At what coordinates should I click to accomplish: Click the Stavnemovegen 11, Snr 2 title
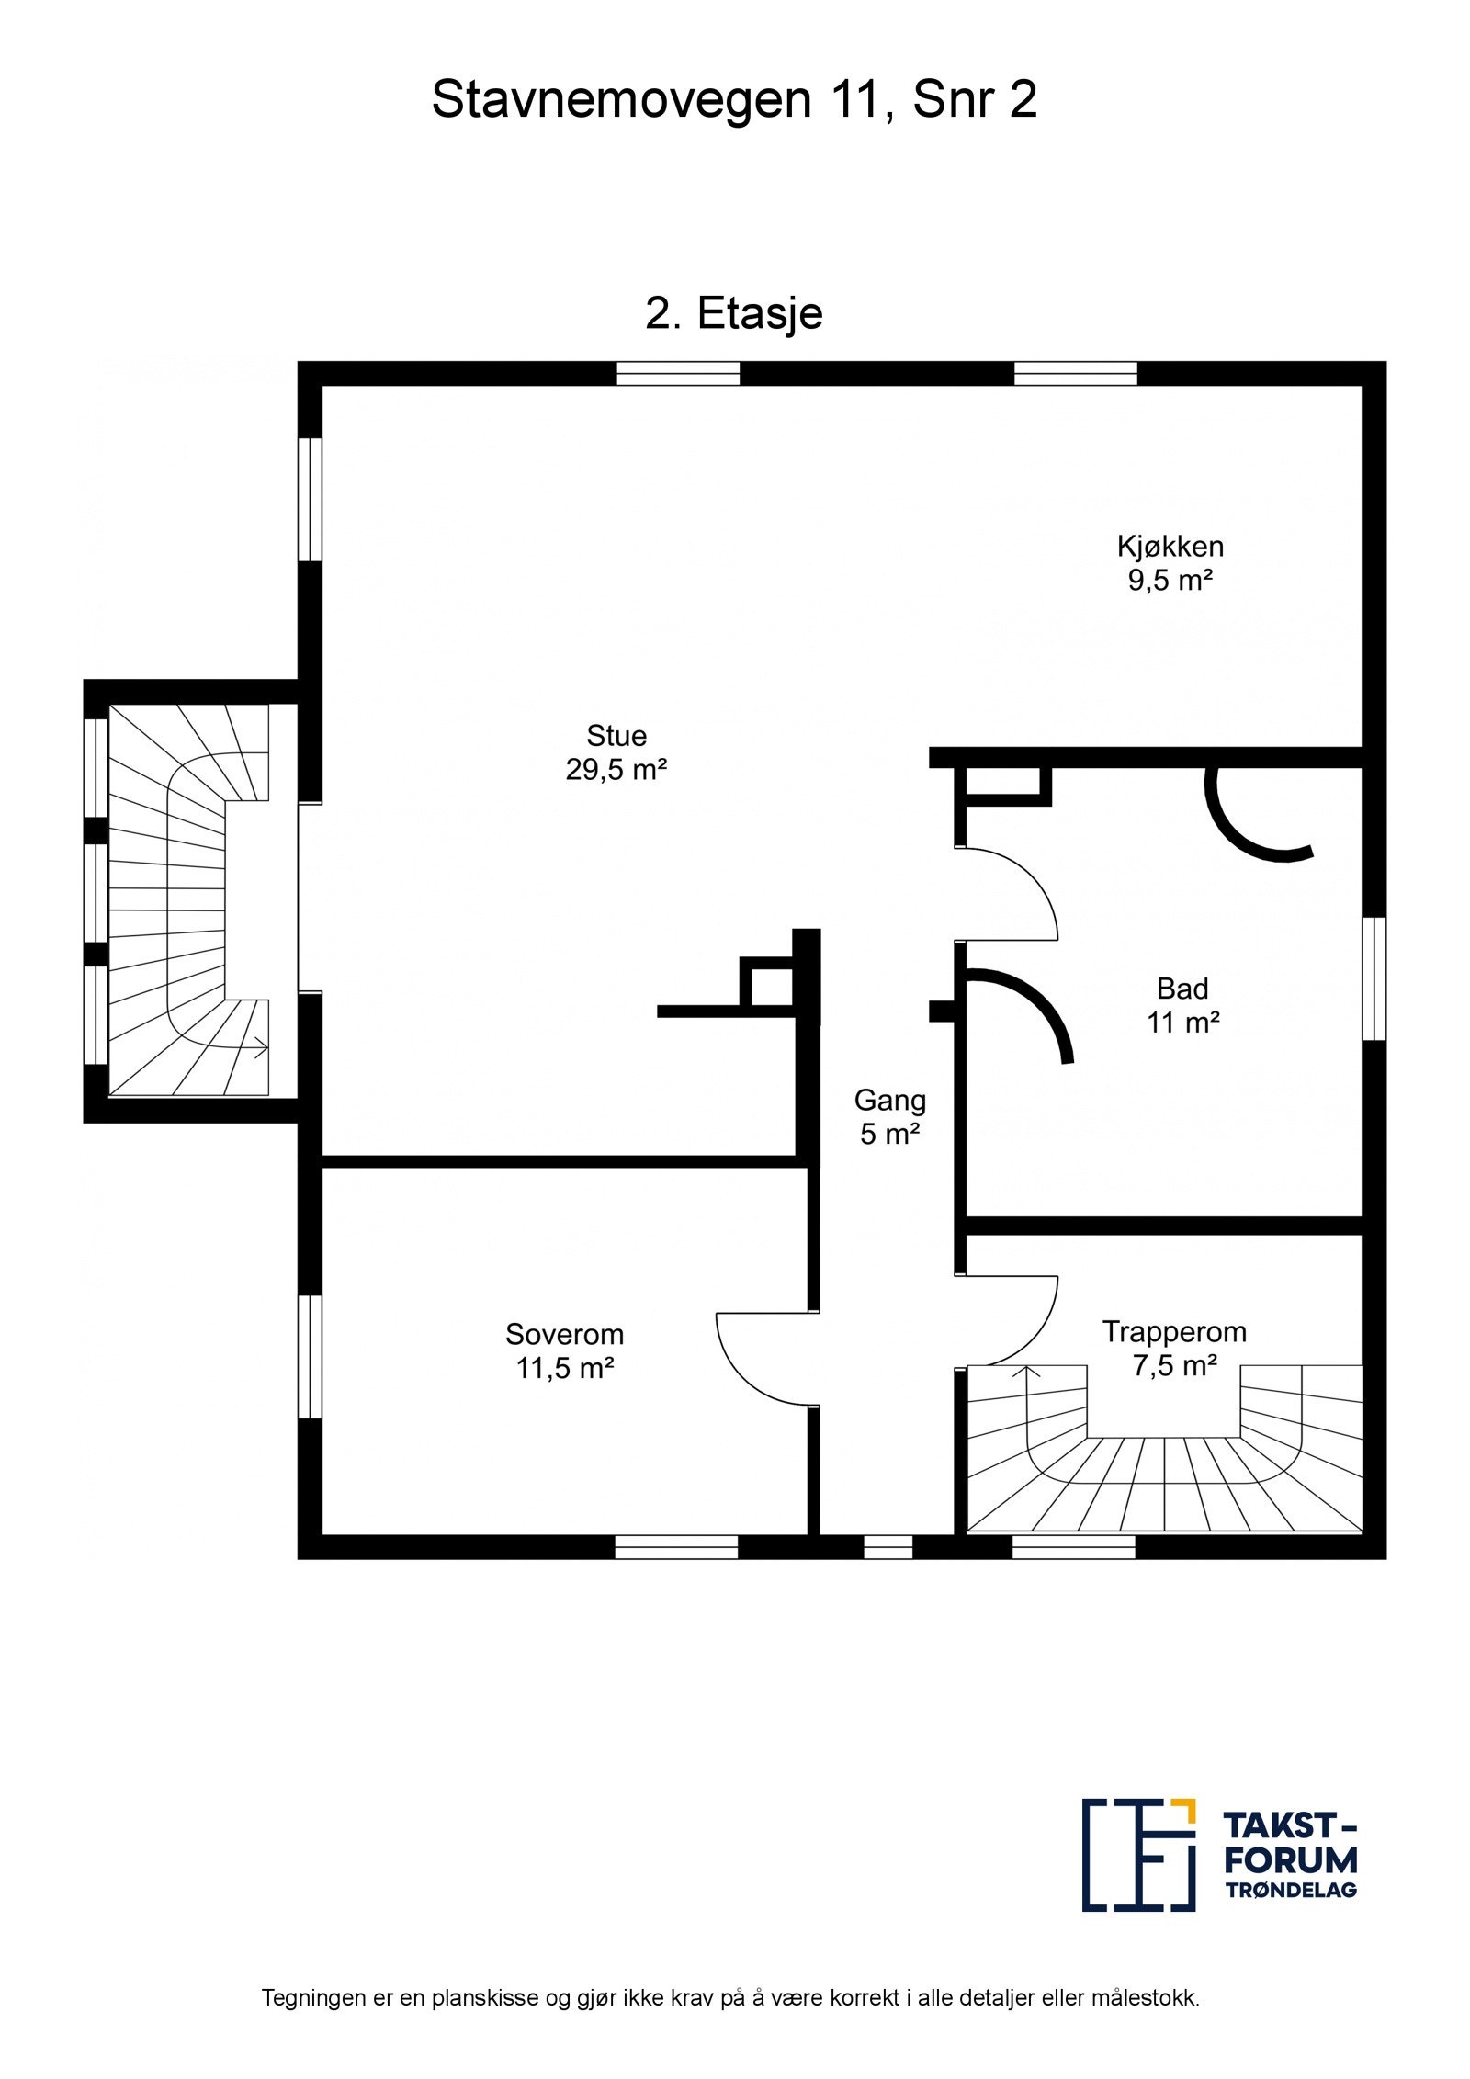point(734,99)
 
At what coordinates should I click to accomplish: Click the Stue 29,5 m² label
point(616,752)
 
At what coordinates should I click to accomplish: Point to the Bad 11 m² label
point(1182,1005)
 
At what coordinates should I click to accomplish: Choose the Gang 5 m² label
point(889,1116)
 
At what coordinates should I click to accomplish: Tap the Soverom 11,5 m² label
point(564,1350)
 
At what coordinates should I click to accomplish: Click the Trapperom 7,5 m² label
point(1174,1348)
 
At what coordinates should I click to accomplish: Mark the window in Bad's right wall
point(1373,978)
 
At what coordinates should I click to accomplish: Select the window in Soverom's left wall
point(311,1356)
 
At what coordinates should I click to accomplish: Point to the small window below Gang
point(888,1547)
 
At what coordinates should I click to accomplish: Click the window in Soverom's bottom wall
point(676,1547)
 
